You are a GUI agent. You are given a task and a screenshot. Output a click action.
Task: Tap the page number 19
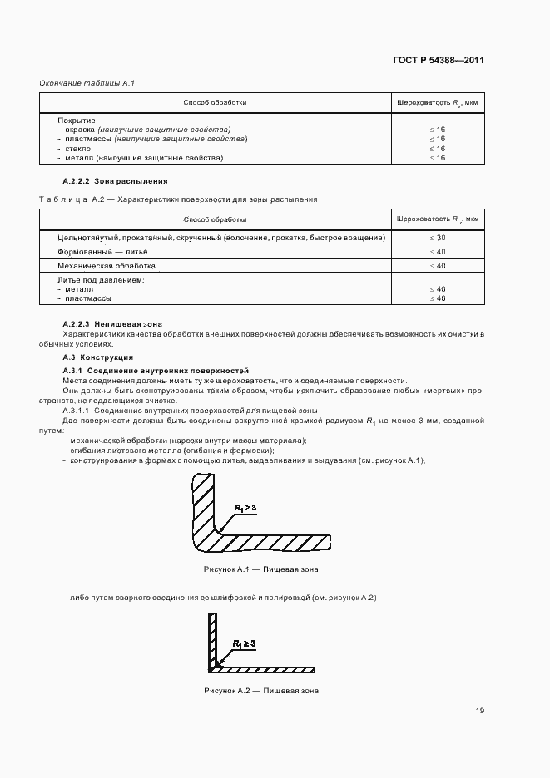click(480, 711)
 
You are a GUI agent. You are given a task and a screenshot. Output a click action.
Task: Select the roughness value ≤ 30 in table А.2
click(437, 238)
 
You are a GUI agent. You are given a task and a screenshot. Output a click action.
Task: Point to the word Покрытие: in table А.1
click(78, 121)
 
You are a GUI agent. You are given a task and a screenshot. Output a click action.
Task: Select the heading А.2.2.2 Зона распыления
click(115, 180)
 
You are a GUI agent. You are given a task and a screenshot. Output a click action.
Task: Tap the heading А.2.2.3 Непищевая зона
click(112, 323)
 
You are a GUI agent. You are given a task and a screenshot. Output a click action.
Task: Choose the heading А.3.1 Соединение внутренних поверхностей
click(156, 370)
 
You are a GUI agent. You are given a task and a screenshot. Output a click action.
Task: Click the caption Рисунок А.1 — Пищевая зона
click(260, 570)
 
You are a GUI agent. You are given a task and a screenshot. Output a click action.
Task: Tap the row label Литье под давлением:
click(102, 280)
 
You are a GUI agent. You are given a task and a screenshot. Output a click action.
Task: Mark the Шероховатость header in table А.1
click(437, 102)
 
